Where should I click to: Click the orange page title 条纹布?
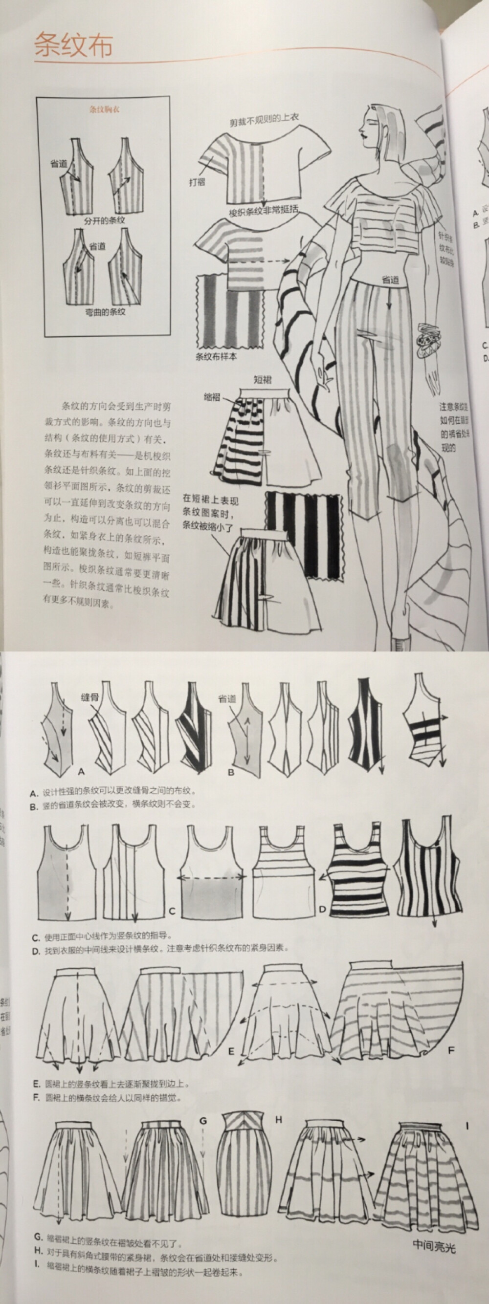click(73, 45)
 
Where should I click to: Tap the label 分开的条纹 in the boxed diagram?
click(104, 221)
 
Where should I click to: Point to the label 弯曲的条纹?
click(105, 312)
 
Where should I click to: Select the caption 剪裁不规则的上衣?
click(264, 119)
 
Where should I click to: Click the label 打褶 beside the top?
click(198, 182)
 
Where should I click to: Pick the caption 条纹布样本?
click(216, 356)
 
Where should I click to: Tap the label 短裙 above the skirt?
click(262, 380)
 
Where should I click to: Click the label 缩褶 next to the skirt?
click(213, 397)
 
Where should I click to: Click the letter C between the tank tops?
click(172, 912)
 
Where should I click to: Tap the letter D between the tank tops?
click(322, 910)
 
